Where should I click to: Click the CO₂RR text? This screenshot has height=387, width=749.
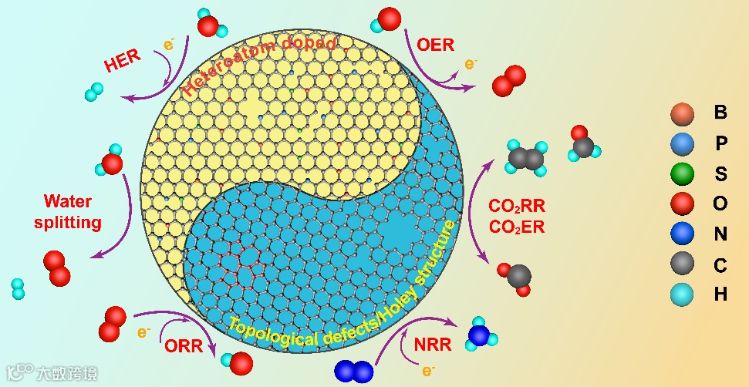coord(517,207)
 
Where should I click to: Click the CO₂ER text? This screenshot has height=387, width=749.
coord(517,227)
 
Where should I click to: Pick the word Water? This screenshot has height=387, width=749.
coord(68,202)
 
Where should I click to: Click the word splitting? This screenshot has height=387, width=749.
coord(73,223)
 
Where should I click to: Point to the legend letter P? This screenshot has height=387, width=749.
coord(720,143)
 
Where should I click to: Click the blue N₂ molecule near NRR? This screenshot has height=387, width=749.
coord(354,370)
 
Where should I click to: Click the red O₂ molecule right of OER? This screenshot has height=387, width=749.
coord(508,80)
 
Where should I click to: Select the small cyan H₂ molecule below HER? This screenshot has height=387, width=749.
coord(94,93)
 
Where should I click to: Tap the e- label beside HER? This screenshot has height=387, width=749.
coord(168,44)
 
